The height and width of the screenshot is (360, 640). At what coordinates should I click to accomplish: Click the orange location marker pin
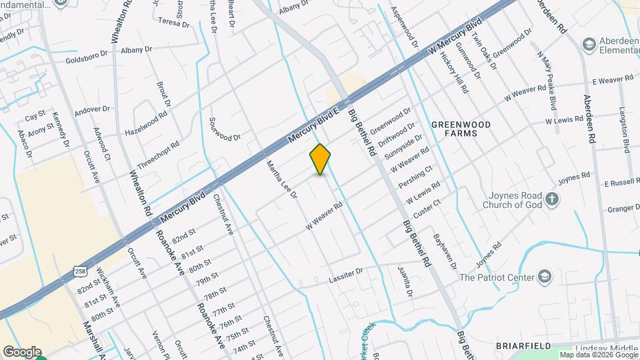pyautogui.click(x=321, y=159)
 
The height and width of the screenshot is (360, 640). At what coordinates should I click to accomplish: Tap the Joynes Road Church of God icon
pyautogui.click(x=552, y=198)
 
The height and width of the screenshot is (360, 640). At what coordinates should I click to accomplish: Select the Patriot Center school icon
pyautogui.click(x=545, y=277)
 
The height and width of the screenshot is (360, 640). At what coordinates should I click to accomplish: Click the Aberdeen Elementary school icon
pyautogui.click(x=589, y=44)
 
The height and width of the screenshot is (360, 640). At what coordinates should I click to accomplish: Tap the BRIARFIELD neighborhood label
pyautogui.click(x=523, y=345)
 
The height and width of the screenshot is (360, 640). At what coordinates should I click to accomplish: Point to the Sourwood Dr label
pyautogui.click(x=225, y=129)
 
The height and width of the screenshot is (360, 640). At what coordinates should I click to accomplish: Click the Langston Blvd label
pyautogui.click(x=625, y=131)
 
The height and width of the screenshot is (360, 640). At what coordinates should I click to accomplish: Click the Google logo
pyautogui.click(x=22, y=352)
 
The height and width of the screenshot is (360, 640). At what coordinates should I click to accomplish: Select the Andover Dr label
pyautogui.click(x=92, y=109)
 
